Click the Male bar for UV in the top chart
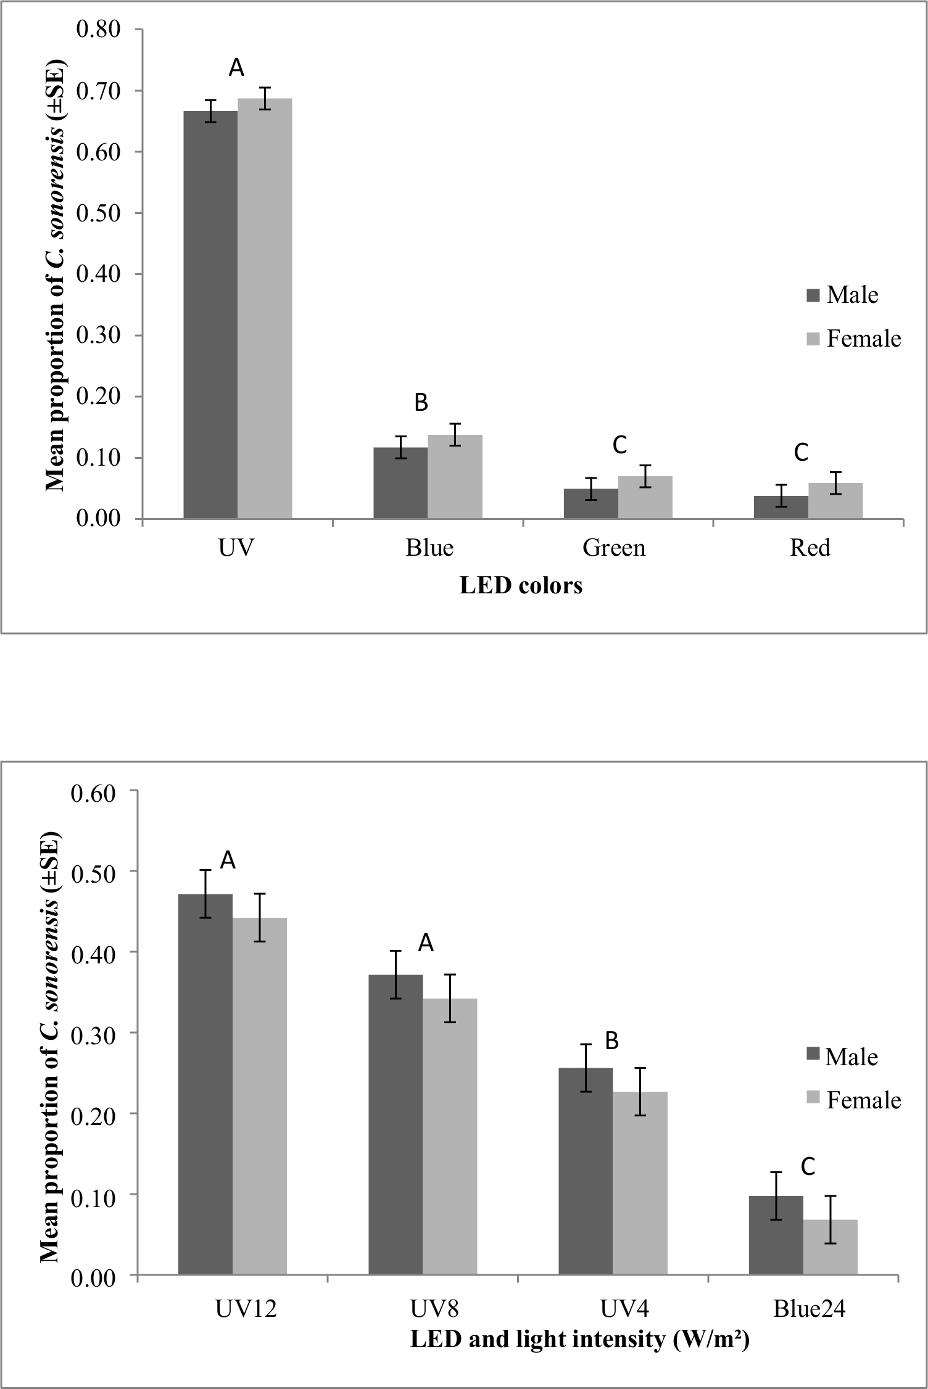tap(210, 315)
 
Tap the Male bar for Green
tap(590, 504)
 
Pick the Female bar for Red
tap(835, 501)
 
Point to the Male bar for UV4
tap(586, 1171)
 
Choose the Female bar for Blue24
tap(830, 1247)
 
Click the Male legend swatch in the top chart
tap(813, 295)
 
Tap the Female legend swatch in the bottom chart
tap(813, 1100)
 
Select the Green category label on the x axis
tap(614, 548)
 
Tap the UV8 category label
tap(435, 1308)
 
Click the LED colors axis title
tap(521, 585)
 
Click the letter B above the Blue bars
tap(421, 403)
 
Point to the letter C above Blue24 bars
tap(808, 1167)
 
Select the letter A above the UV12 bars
tap(228, 860)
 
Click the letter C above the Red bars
tap(801, 453)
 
